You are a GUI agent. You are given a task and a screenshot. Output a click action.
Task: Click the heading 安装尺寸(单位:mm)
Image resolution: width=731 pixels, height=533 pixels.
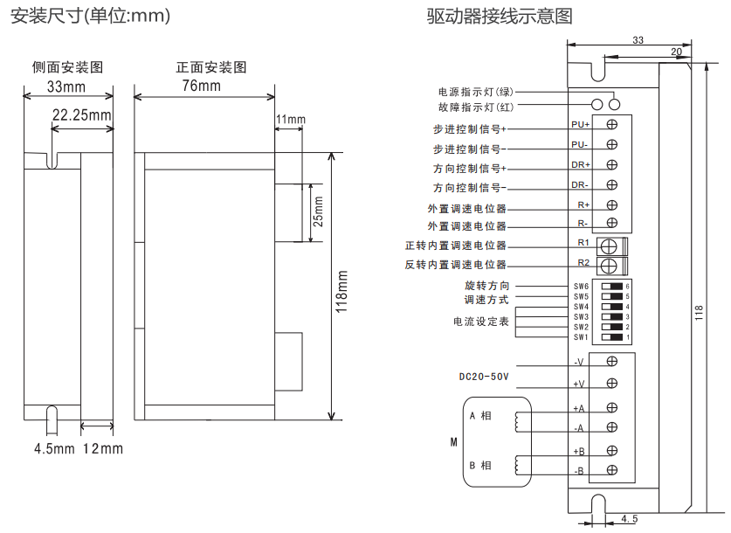pyautogui.click(x=90, y=17)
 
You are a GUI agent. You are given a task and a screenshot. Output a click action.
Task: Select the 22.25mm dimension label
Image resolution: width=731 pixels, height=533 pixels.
pyautogui.click(x=81, y=114)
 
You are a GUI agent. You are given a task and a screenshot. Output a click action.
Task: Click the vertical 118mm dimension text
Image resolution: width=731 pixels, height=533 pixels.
pyautogui.click(x=342, y=290)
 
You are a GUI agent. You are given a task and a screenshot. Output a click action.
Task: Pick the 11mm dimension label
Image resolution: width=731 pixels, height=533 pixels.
pyautogui.click(x=290, y=119)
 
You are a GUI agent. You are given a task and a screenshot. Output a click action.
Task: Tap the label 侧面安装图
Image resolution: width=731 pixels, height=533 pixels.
pyautogui.click(x=68, y=67)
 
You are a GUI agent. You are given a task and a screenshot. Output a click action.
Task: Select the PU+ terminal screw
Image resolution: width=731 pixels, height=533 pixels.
pyautogui.click(x=611, y=124)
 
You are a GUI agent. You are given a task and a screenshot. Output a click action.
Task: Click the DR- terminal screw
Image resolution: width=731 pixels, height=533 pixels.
pyautogui.click(x=611, y=184)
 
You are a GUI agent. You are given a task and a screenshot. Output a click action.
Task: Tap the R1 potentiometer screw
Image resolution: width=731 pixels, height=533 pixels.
pyautogui.click(x=611, y=246)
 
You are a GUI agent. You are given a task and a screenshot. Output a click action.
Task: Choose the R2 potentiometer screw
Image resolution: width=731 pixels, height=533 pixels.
pyautogui.click(x=611, y=265)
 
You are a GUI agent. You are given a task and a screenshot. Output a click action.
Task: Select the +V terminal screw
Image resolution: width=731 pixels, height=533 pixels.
pyautogui.click(x=611, y=383)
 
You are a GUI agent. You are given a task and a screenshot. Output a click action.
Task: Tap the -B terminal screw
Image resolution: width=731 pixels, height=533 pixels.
pyautogui.click(x=611, y=470)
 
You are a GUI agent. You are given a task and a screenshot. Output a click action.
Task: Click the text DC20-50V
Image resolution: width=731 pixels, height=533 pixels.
pyautogui.click(x=484, y=377)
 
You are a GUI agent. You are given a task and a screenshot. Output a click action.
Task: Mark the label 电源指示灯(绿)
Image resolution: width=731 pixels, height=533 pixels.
pyautogui.click(x=478, y=92)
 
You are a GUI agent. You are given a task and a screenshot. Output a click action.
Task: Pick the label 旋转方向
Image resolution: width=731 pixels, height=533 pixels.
pyautogui.click(x=487, y=286)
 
